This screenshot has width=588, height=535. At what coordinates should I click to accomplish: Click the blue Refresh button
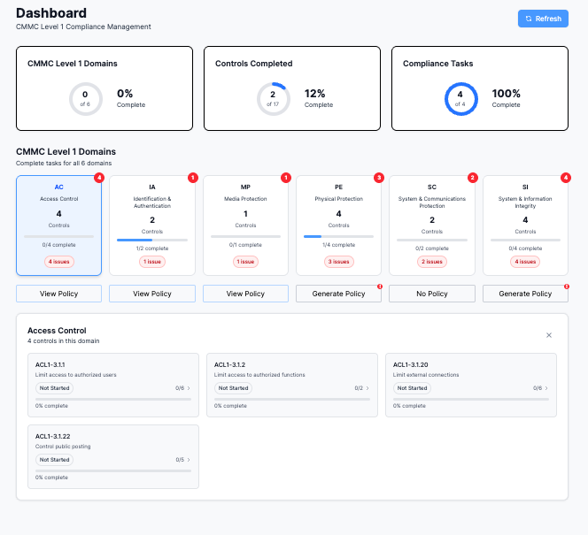click(x=543, y=19)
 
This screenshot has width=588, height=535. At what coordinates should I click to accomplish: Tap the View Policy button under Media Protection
click(x=245, y=294)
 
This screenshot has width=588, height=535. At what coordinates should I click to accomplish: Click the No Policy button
click(x=432, y=294)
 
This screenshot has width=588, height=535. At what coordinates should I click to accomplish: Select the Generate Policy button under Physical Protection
click(x=338, y=294)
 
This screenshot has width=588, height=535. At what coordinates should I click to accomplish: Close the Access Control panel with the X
click(x=549, y=335)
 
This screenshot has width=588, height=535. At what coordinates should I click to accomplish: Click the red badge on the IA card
click(x=193, y=178)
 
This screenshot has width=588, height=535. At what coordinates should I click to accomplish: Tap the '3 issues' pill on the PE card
click(x=339, y=262)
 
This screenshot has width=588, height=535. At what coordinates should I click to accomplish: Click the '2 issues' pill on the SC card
click(x=432, y=262)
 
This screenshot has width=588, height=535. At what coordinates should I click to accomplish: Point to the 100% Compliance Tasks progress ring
click(x=461, y=83)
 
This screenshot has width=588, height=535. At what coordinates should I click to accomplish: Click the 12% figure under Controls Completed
click(x=314, y=93)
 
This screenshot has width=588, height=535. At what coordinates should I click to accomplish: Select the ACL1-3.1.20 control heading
click(x=410, y=364)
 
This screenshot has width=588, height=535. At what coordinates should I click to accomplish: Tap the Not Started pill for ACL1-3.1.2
click(x=233, y=388)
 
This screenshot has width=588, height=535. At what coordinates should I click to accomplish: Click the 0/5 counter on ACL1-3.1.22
click(x=180, y=460)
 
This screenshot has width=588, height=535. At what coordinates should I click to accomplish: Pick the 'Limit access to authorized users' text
click(x=76, y=375)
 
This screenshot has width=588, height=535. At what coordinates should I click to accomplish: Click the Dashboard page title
click(x=51, y=13)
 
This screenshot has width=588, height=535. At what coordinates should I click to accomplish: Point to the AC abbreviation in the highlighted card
click(x=58, y=187)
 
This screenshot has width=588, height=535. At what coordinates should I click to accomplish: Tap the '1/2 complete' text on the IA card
click(x=152, y=248)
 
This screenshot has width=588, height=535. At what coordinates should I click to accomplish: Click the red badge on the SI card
click(x=566, y=178)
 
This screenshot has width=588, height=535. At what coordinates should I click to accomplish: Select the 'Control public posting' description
click(x=63, y=447)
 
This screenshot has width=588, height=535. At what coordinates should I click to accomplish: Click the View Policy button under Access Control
click(x=58, y=294)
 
